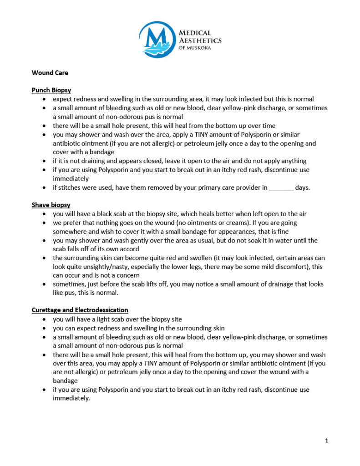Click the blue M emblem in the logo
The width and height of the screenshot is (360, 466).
(156, 40)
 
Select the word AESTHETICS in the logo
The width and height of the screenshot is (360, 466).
(201, 41)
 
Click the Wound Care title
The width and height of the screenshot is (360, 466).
(50, 72)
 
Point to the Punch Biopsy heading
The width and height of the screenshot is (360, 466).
(51, 90)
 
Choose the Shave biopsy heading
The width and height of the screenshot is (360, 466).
(51, 205)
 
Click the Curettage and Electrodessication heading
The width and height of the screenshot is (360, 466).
(80, 310)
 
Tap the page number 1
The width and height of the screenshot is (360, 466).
(327, 441)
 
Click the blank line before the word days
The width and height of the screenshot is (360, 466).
(281, 187)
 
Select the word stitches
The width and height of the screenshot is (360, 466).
(69, 187)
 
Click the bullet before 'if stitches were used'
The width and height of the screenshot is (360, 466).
(44, 187)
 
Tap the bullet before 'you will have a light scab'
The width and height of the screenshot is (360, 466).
(44, 319)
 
